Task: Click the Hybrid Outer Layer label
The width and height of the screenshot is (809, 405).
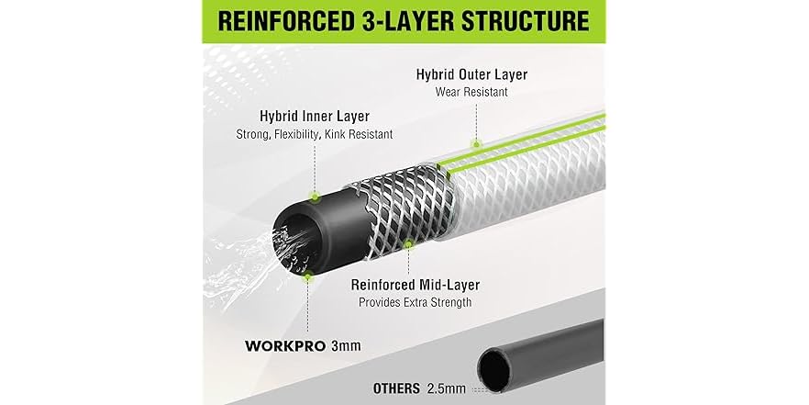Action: click(x=471, y=74)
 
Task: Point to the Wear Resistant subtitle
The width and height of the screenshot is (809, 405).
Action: click(x=471, y=92)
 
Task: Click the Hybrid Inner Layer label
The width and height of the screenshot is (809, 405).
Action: click(x=315, y=116)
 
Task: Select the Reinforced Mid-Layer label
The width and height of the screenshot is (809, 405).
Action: click(x=416, y=285)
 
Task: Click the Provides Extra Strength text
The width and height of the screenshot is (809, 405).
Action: click(x=416, y=302)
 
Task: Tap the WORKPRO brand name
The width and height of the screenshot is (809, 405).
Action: click(x=285, y=345)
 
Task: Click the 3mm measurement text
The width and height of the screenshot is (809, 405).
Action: click(x=346, y=345)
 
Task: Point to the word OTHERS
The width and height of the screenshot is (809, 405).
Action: click(x=396, y=388)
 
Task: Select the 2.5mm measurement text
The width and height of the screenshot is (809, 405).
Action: click(x=447, y=388)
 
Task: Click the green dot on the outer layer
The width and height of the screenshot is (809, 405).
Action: click(x=476, y=144)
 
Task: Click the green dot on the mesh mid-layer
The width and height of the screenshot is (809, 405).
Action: click(x=409, y=243)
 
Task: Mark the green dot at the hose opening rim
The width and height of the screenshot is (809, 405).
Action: click(x=308, y=277)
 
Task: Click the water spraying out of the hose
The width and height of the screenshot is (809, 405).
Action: click(x=258, y=258)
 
